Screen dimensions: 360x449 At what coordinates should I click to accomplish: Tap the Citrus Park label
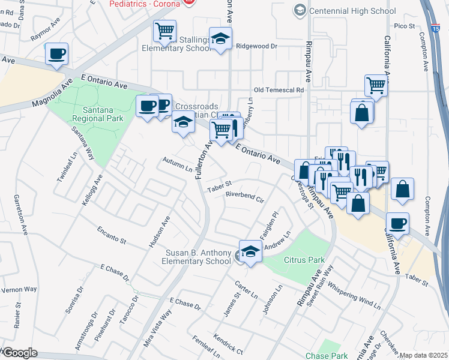pyautogui.click(x=304, y=260)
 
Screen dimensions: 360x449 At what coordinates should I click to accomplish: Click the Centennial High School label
pyautogui.click(x=351, y=11)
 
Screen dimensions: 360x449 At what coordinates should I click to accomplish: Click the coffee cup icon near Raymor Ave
pyautogui.click(x=56, y=54)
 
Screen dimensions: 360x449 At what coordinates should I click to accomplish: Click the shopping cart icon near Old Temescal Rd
pyautogui.click(x=376, y=85)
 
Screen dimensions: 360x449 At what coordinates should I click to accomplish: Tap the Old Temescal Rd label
pyautogui.click(x=279, y=90)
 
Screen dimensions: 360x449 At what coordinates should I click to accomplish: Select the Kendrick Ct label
pyautogui.click(x=228, y=344)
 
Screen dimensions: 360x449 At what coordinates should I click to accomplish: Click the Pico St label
pyautogui.click(x=405, y=26)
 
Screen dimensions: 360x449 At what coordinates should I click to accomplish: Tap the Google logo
pyautogui.click(x=19, y=353)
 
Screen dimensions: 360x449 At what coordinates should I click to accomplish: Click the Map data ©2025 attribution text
pyautogui.click(x=423, y=355)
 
